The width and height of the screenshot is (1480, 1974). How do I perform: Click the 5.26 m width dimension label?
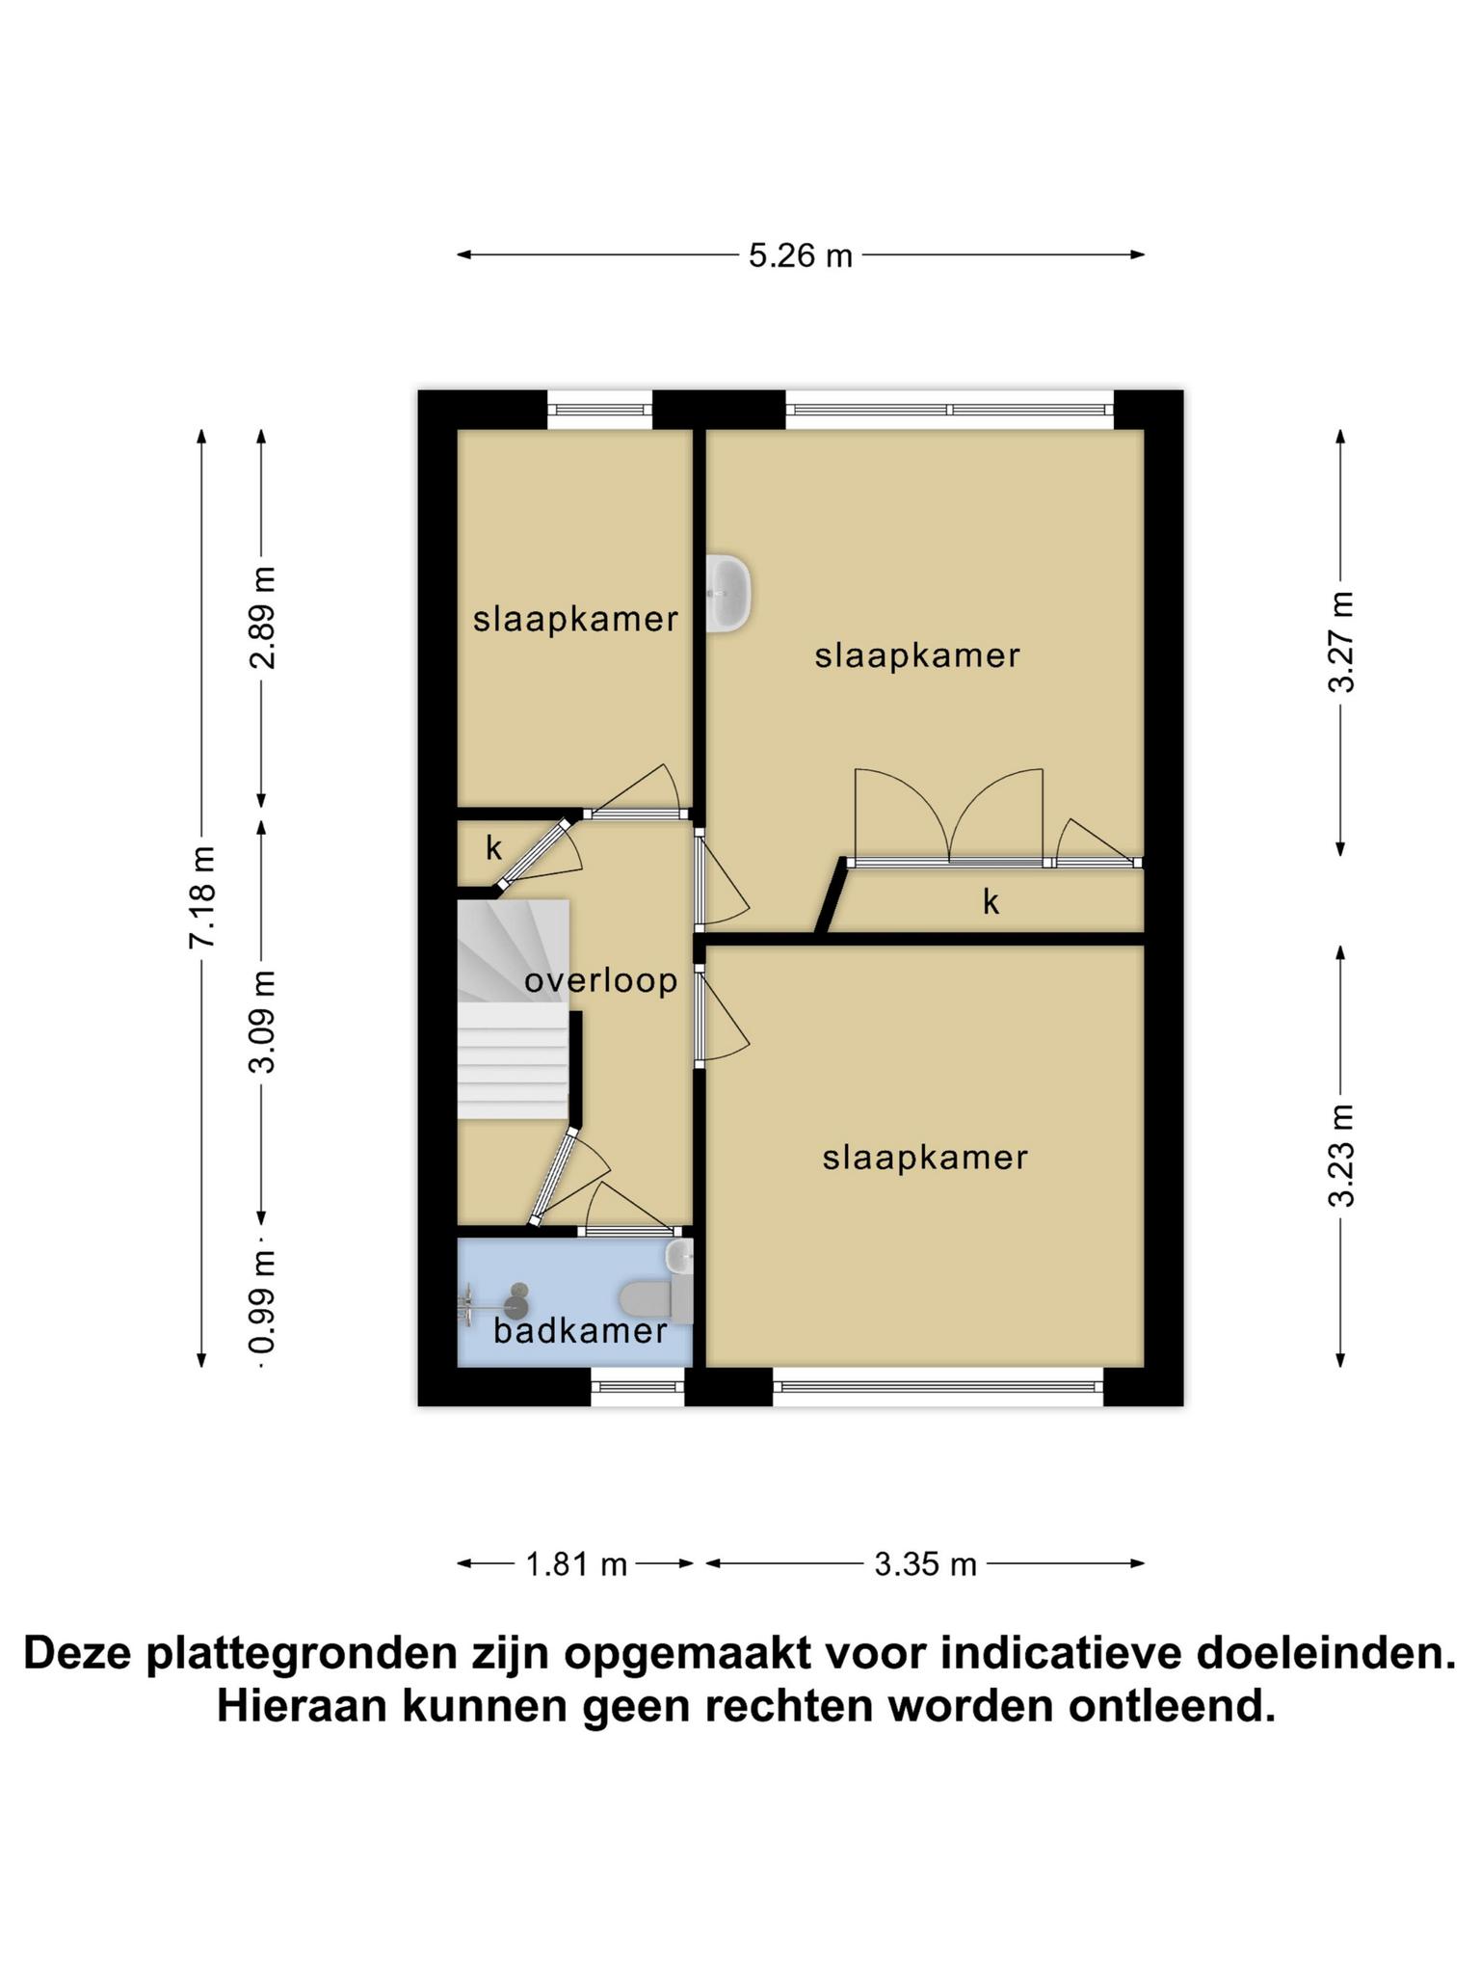(x=801, y=255)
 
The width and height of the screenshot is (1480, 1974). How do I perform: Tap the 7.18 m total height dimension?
(x=202, y=897)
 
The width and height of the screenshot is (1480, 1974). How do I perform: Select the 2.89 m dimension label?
(x=262, y=618)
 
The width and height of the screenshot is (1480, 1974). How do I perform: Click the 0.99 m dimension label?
(x=262, y=1300)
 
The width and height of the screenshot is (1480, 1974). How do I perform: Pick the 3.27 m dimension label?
(x=1341, y=641)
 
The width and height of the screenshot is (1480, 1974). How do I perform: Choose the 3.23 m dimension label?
(x=1341, y=1156)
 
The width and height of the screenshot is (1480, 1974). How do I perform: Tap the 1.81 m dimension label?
(x=576, y=1563)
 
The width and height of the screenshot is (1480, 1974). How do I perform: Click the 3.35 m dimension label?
(x=925, y=1563)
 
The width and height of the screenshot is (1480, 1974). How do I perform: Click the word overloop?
(x=601, y=981)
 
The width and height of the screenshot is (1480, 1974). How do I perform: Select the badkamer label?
(x=580, y=1331)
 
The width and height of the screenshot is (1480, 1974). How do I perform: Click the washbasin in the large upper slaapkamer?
(x=728, y=594)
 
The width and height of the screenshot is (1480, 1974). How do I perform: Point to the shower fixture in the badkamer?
(x=493, y=1303)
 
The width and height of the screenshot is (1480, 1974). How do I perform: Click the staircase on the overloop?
(x=513, y=1009)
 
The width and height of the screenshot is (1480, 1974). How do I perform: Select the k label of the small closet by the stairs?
(x=494, y=849)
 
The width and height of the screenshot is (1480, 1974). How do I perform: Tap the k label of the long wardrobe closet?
(x=991, y=902)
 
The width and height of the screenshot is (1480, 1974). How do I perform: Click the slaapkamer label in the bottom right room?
(x=925, y=1158)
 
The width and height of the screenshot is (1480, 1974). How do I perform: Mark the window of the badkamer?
(x=638, y=1387)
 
